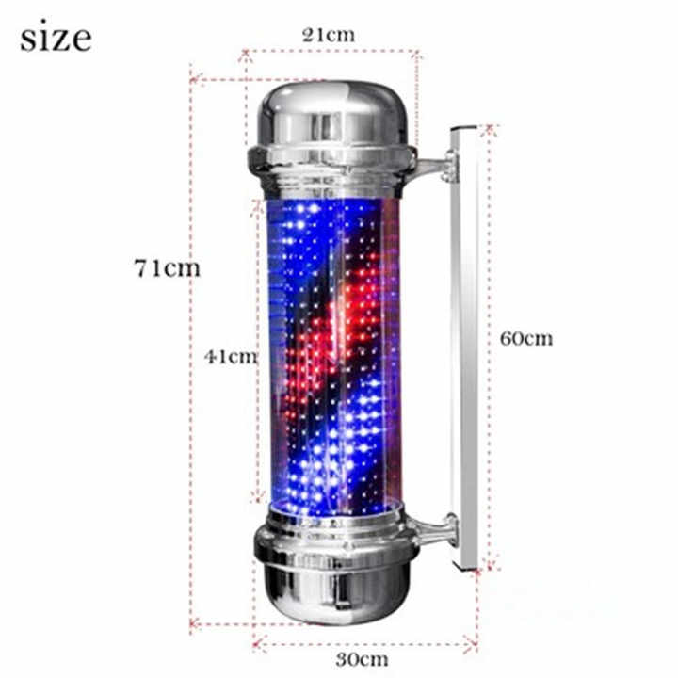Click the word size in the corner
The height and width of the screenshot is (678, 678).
56,38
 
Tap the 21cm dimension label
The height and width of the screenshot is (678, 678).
328,35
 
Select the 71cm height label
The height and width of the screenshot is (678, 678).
166,267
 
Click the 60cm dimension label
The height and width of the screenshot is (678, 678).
526,338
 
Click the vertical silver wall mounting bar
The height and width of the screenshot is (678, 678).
464,348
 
